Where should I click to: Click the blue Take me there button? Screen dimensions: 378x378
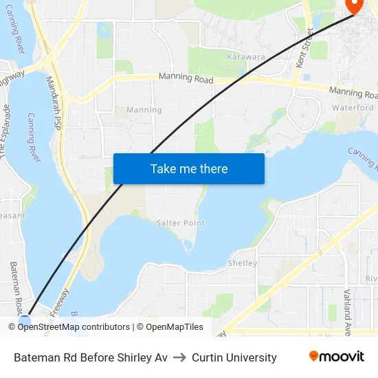pyautogui.click(x=188, y=168)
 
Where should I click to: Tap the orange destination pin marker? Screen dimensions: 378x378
pyautogui.click(x=353, y=5)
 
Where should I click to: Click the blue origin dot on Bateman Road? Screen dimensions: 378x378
pyautogui.click(x=25, y=321)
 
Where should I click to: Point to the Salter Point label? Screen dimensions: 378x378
pyautogui.click(x=181, y=223)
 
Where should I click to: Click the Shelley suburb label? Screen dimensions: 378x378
pyautogui.click(x=242, y=263)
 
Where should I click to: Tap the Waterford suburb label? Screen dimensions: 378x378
pyautogui.click(x=353, y=108)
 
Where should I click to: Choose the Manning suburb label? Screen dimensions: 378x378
pyautogui.click(x=144, y=110)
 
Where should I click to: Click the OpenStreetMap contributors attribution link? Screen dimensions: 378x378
pyautogui.click(x=74, y=327)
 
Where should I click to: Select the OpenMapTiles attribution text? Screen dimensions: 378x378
pyautogui.click(x=174, y=327)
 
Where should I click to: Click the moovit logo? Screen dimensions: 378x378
pyautogui.click(x=336, y=356)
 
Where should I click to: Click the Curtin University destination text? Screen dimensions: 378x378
pyautogui.click(x=234, y=357)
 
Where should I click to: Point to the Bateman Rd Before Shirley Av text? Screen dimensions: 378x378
pyautogui.click(x=91, y=357)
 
